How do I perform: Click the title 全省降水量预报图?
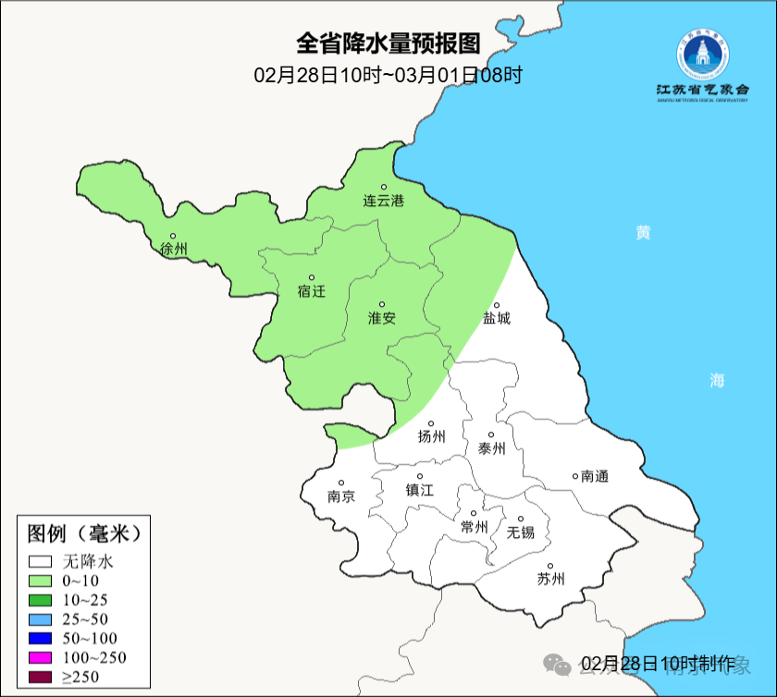(x=388, y=43)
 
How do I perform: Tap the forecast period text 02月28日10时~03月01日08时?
(x=388, y=75)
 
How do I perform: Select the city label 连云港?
(x=383, y=200)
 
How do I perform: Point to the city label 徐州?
(x=173, y=249)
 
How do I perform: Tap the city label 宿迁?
(x=312, y=291)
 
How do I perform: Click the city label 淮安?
(x=382, y=318)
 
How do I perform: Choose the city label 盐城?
(x=497, y=319)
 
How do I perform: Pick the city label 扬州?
(x=432, y=436)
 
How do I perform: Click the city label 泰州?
(x=492, y=448)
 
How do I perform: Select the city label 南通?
(x=595, y=476)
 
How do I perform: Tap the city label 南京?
(x=340, y=496)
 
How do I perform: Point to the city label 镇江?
(x=420, y=491)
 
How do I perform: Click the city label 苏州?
(x=550, y=580)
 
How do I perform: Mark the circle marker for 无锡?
(x=520, y=520)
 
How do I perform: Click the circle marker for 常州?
(x=474, y=514)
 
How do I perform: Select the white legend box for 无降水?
(x=40, y=561)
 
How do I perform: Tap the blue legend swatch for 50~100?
(x=40, y=638)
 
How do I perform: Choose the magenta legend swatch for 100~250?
(x=40, y=657)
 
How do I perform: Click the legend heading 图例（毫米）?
(x=83, y=533)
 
